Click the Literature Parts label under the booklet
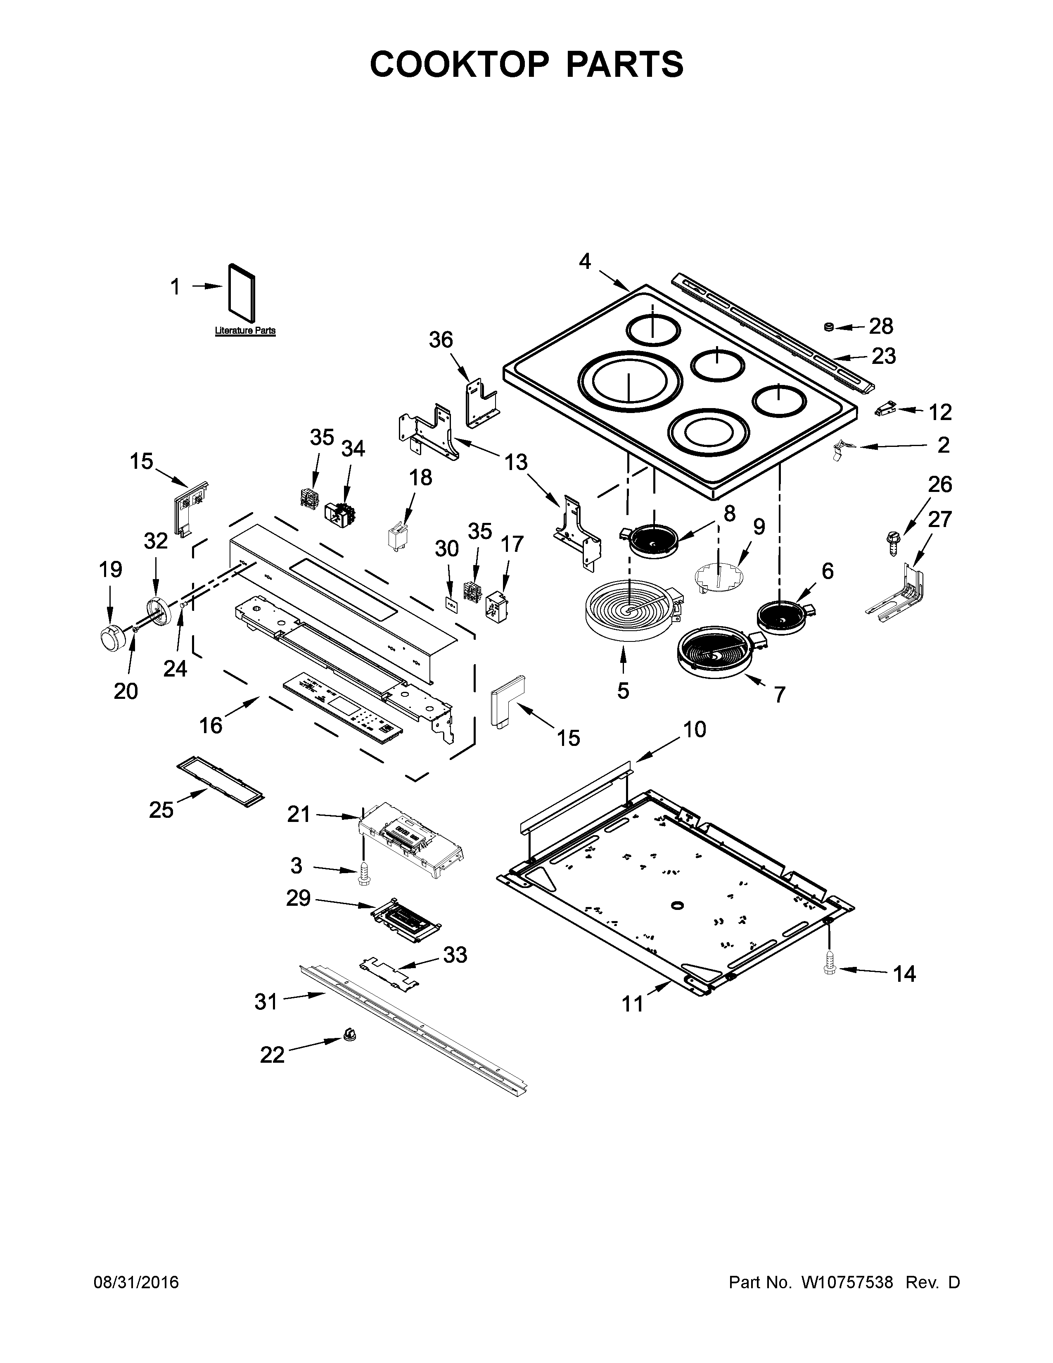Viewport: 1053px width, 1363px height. click(x=245, y=331)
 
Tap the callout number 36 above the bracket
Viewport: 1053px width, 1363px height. click(x=441, y=340)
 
